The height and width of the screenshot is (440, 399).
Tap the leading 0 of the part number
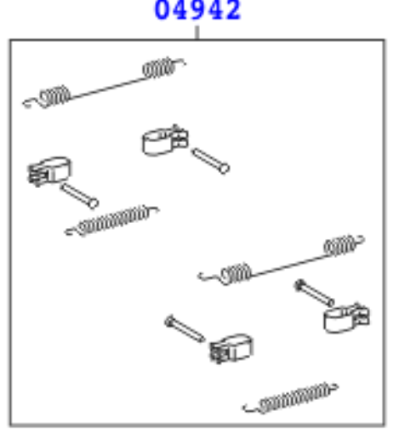(x=162, y=10)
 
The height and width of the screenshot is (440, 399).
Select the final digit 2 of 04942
(x=233, y=10)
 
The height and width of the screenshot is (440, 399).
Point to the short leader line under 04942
(x=197, y=32)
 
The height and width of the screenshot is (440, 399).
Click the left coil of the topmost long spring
(x=54, y=96)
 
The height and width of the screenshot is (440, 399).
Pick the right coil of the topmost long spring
(x=158, y=67)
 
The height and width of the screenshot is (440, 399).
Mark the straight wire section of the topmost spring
(x=106, y=89)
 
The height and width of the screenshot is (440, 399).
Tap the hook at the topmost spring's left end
(x=31, y=103)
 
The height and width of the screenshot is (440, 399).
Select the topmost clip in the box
(x=165, y=140)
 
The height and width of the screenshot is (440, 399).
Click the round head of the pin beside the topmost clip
(x=225, y=169)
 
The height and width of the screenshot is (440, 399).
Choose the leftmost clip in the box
(x=49, y=171)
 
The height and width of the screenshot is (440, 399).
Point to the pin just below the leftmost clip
(x=79, y=195)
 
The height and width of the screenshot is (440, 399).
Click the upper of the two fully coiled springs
(x=112, y=220)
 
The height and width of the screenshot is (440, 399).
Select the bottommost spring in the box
(x=291, y=397)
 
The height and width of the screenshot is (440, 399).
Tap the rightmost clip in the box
(x=346, y=317)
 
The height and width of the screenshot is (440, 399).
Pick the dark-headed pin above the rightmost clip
(x=314, y=293)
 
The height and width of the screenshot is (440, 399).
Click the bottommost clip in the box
(x=231, y=348)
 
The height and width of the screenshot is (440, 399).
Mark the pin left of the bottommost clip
(x=185, y=329)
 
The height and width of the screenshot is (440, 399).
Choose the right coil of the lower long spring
(x=339, y=245)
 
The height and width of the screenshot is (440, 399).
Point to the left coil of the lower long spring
(x=236, y=274)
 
